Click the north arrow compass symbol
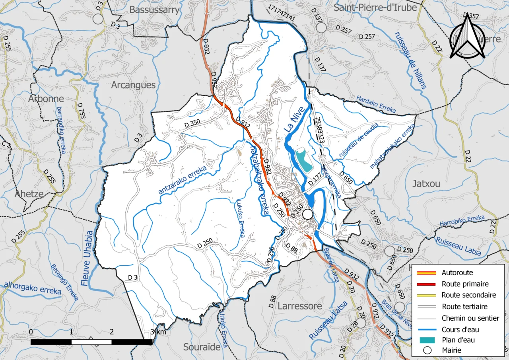(x=467, y=37)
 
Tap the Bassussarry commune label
(x=154, y=10)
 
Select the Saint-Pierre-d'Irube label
(x=375, y=8)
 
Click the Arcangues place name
(x=133, y=85)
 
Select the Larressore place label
(x=300, y=306)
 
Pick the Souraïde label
(x=202, y=347)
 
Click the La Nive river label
(x=294, y=119)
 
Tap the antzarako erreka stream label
(x=183, y=180)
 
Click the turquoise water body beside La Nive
(x=303, y=160)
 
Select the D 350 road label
(x=192, y=125)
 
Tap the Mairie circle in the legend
(x=427, y=350)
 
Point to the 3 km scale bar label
(x=158, y=332)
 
